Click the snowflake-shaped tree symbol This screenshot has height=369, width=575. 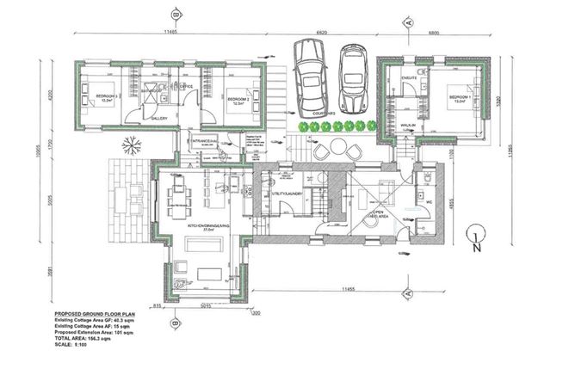133,144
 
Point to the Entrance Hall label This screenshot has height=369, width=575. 202,139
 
